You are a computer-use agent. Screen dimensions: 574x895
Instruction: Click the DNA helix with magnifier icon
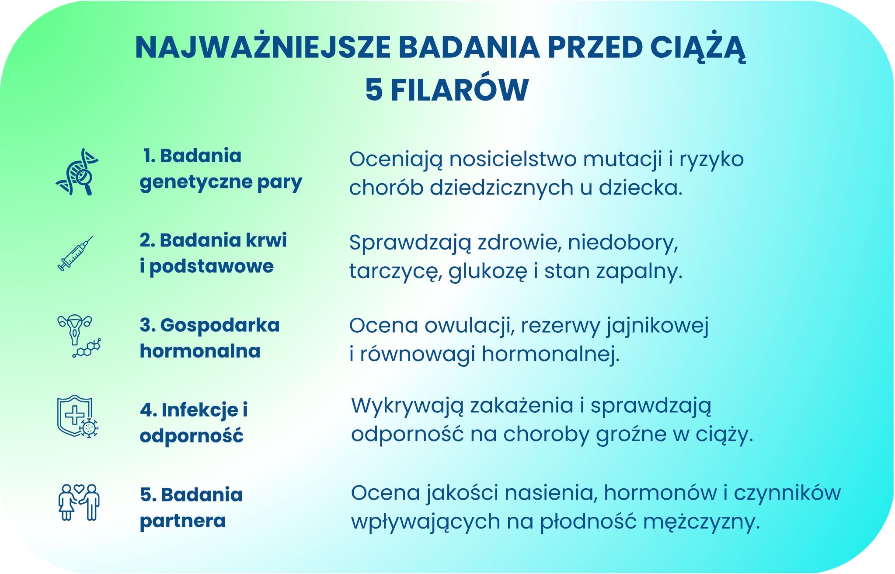tap(77, 172)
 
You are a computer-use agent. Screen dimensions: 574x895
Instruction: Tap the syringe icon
tap(75, 254)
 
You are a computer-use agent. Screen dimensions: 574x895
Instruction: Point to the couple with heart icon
tap(79, 502)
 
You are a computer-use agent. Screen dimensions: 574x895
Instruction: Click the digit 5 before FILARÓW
tap(374, 90)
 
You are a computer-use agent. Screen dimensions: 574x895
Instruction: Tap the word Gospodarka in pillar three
tap(220, 325)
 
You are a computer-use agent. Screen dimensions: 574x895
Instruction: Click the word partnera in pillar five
tap(183, 521)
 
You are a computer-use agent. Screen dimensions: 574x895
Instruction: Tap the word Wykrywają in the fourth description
tap(407, 406)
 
